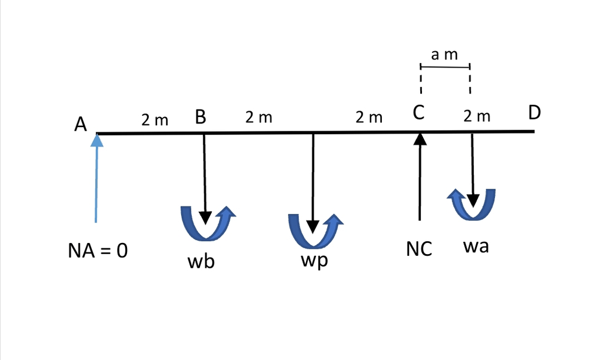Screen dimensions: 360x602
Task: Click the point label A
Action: coord(81,124)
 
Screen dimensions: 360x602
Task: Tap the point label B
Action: coord(200,117)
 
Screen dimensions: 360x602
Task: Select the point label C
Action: coord(418,114)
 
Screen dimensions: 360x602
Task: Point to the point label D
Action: coord(534,112)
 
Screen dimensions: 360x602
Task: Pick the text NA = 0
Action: coord(98,252)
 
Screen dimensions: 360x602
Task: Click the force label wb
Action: coord(201,262)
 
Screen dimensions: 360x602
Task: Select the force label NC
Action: coord(419,249)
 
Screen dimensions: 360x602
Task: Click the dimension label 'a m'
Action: coord(444,55)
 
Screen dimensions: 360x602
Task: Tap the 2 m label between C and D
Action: coord(477,116)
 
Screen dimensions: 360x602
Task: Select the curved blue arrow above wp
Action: coord(315,230)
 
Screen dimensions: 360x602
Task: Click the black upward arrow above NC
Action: coord(420,176)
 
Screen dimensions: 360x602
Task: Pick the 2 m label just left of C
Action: coord(369,118)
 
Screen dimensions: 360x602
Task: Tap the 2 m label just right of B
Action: coord(259,118)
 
